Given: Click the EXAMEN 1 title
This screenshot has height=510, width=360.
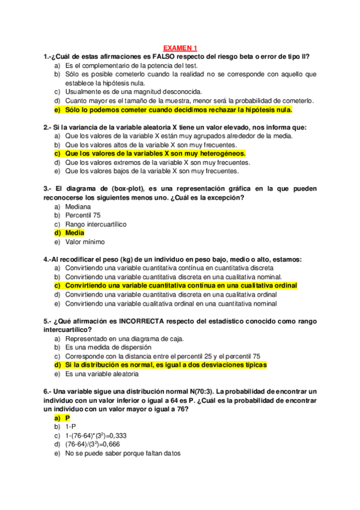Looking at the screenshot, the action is click(x=180, y=48).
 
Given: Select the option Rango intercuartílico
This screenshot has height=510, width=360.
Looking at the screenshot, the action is click(x=96, y=224).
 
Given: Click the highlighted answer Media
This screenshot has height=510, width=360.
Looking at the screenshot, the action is click(x=75, y=232).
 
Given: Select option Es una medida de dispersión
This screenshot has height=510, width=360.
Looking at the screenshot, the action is click(x=108, y=347).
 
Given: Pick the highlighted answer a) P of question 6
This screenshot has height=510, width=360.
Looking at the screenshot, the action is click(x=68, y=417).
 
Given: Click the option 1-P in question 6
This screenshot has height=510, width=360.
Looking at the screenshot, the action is click(x=70, y=426).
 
